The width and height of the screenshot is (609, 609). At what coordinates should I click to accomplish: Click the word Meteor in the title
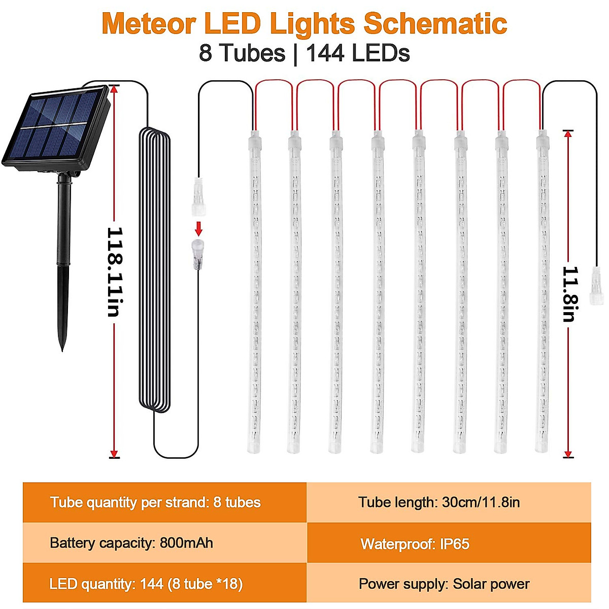[148, 24]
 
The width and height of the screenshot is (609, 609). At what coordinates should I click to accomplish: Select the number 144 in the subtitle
[325, 53]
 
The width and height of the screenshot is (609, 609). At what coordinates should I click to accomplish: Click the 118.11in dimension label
[115, 272]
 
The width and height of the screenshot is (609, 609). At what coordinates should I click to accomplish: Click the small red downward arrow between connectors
[199, 226]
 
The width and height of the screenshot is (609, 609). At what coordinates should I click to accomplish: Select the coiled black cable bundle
[154, 269]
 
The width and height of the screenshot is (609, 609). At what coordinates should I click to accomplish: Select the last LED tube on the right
[542, 292]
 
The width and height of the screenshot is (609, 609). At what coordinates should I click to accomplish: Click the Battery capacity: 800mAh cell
[164, 543]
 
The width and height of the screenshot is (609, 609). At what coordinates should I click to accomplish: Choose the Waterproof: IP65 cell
[449, 544]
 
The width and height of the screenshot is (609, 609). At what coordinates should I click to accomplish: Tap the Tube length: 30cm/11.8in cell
[449, 502]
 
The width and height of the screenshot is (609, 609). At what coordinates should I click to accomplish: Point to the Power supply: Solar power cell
[449, 584]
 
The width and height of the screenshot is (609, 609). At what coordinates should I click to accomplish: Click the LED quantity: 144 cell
[164, 584]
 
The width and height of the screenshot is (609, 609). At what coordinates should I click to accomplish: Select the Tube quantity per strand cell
[164, 502]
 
